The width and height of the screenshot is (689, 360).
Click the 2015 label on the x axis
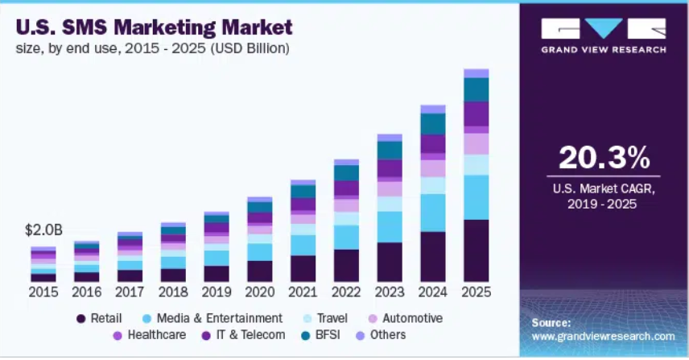(x=43, y=291)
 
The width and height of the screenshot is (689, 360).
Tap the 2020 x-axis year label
(x=260, y=291)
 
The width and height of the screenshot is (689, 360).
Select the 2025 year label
(x=476, y=291)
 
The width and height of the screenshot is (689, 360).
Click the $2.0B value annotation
(x=43, y=230)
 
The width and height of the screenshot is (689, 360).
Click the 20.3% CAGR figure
(x=603, y=157)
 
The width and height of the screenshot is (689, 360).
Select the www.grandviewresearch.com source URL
(x=603, y=336)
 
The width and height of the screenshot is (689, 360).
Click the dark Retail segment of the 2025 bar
(x=476, y=250)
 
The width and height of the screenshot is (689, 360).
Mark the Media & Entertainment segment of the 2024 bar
(x=433, y=213)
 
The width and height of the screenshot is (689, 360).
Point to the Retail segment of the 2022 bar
(x=346, y=265)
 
